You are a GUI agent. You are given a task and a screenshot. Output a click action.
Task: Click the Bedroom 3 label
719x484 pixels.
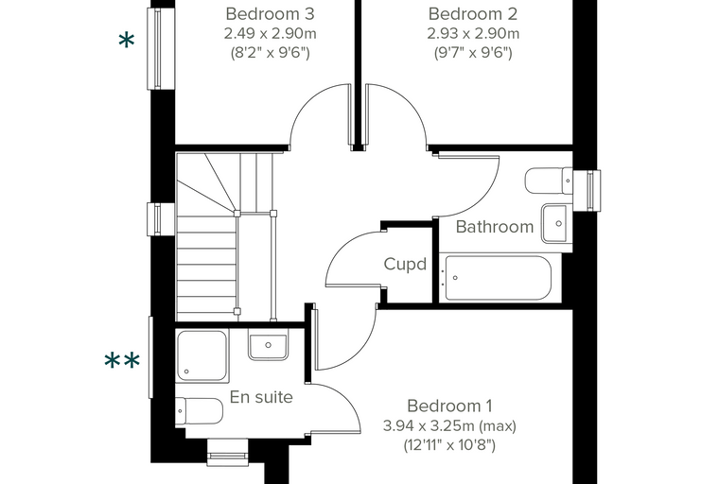[x=270, y=14]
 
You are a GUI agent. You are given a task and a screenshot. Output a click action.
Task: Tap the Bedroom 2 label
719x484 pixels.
[x=473, y=14]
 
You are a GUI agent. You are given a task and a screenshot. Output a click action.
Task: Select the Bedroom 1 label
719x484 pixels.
[x=449, y=406]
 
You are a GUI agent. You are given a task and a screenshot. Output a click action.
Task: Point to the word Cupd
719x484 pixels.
[x=405, y=264]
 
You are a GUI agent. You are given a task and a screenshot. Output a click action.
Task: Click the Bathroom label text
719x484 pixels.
[x=495, y=227]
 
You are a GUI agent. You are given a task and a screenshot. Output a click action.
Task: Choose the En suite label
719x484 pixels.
[x=261, y=397]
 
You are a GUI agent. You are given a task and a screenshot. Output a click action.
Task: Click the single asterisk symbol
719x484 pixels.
[x=127, y=42]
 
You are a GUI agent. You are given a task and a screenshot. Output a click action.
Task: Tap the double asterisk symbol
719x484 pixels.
[x=122, y=361]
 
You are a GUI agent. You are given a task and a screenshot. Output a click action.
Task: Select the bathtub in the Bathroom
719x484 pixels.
[x=498, y=278]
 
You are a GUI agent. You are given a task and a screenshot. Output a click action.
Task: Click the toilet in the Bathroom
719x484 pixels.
[x=549, y=181]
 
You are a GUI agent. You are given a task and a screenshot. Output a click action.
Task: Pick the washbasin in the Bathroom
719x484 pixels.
[x=556, y=223]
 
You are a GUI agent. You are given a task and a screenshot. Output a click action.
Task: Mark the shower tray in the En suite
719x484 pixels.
[x=202, y=355]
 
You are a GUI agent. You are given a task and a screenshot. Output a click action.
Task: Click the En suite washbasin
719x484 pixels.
[x=269, y=344]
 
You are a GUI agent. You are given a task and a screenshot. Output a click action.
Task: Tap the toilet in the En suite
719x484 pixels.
[x=200, y=411]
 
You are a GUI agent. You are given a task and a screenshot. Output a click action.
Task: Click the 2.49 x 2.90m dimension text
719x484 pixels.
[x=270, y=33]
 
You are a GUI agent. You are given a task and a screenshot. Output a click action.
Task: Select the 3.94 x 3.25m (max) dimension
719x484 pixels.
[x=449, y=425]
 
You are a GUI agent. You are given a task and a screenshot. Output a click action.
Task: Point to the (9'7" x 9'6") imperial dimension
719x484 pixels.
[x=473, y=53]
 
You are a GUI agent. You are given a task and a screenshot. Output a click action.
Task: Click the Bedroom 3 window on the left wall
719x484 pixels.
[x=161, y=48]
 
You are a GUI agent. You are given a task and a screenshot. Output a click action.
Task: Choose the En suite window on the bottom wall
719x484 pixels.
[x=228, y=453]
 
